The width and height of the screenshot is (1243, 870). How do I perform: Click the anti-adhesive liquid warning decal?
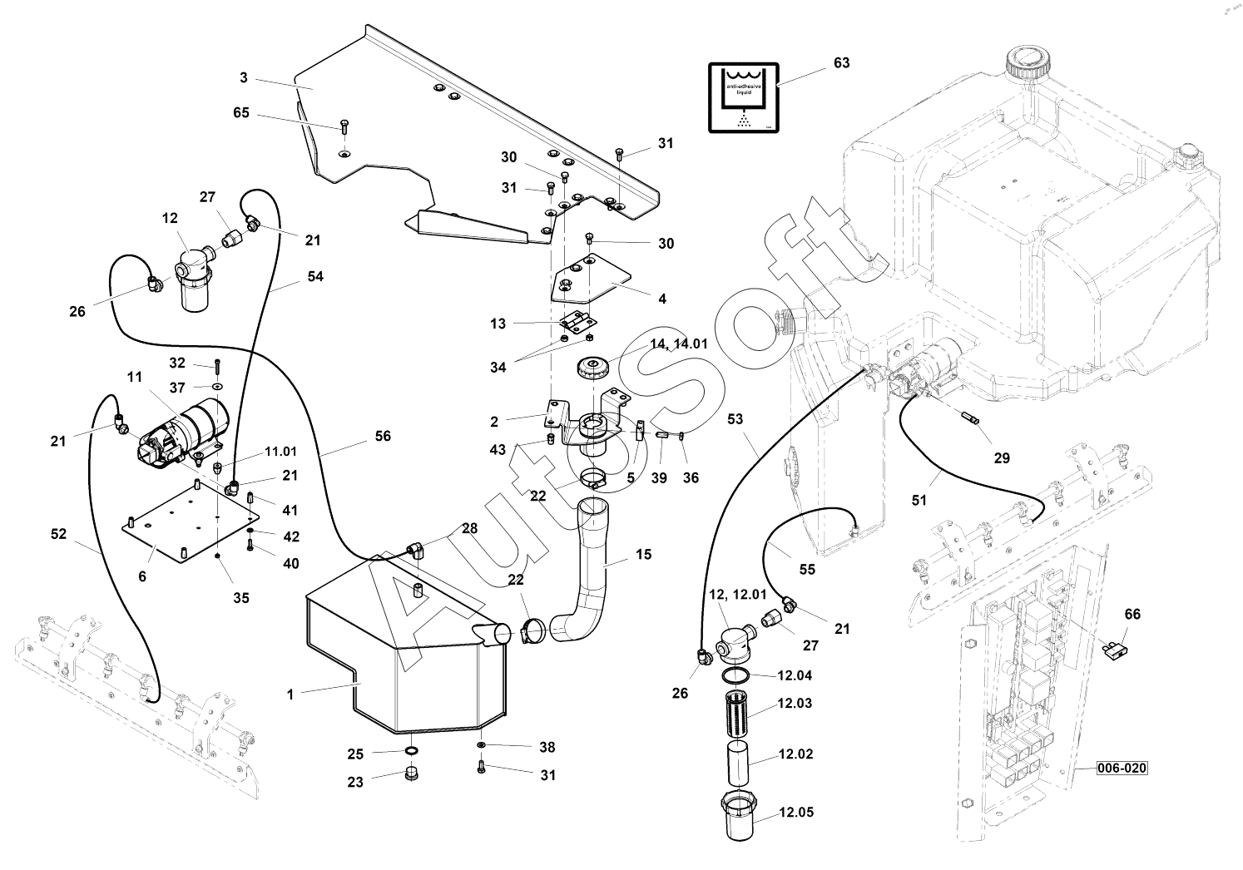pos(743,96)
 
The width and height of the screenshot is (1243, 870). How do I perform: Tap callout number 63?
pos(841,63)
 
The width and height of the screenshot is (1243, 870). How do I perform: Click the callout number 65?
pos(240,113)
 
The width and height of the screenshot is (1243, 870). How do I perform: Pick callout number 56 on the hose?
pos(382,436)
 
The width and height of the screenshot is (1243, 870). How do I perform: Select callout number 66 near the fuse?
pos(1132,615)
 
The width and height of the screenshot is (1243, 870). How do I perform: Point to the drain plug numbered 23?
pos(409,775)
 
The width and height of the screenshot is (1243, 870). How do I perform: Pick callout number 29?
pos(1002,458)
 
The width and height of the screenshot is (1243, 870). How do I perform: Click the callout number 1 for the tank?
pos(290,695)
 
